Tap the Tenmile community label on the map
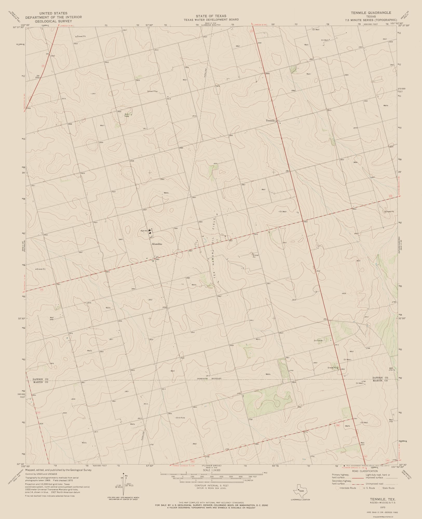click(x=270, y=120)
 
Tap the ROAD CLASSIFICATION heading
click(x=363, y=471)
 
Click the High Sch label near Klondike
click(x=144, y=231)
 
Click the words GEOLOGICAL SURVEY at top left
click(x=54, y=21)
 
